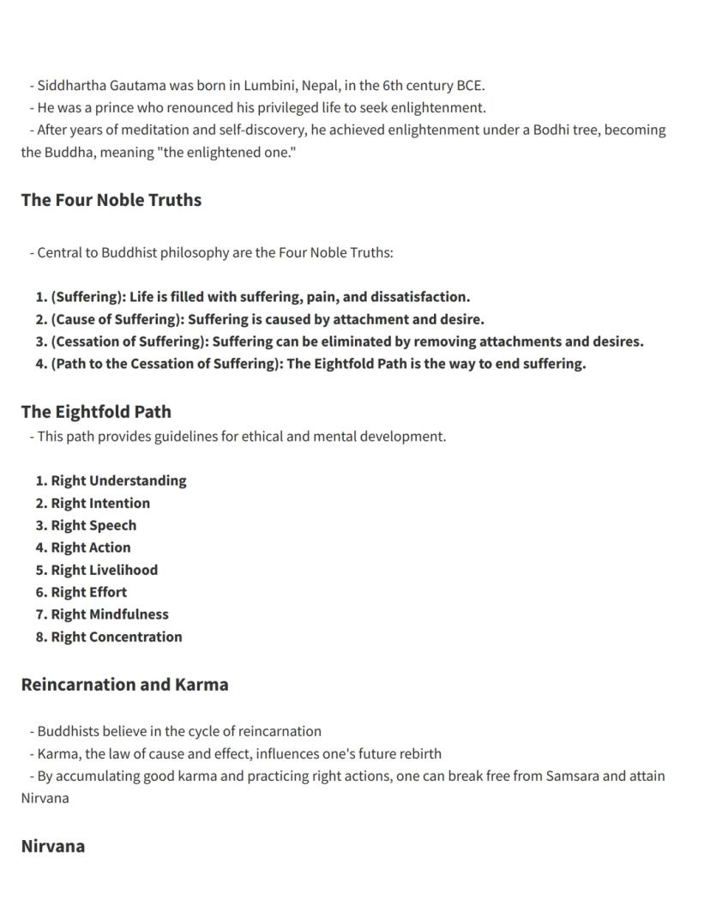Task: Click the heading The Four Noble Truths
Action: pyautogui.click(x=111, y=200)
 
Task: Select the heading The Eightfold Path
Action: pyautogui.click(x=96, y=412)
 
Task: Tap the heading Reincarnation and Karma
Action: pyautogui.click(x=124, y=685)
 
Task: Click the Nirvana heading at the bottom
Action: pyautogui.click(x=52, y=846)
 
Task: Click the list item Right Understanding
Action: pyautogui.click(x=118, y=481)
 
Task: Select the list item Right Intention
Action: pyautogui.click(x=100, y=503)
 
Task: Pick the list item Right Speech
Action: pyautogui.click(x=93, y=525)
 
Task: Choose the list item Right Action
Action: pyautogui.click(x=91, y=547)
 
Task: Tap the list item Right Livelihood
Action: pyautogui.click(x=104, y=570)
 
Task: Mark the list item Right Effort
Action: pyautogui.click(x=88, y=592)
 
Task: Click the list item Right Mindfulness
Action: pyautogui.click(x=110, y=614)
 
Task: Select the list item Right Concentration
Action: pyautogui.click(x=117, y=637)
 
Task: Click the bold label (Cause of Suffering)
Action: pyautogui.click(x=117, y=319)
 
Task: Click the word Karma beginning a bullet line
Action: pyautogui.click(x=56, y=753)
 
